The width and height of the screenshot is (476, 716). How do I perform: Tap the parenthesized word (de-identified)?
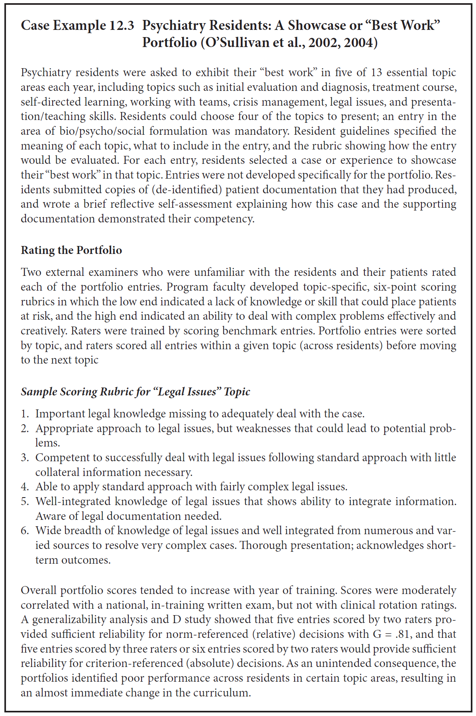click(189, 190)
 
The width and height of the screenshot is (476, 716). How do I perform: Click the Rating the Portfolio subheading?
click(71, 250)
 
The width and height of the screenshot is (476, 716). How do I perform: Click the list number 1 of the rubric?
click(25, 414)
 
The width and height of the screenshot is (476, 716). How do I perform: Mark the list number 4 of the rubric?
click(25, 487)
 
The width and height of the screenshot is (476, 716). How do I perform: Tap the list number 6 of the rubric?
click(25, 531)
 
